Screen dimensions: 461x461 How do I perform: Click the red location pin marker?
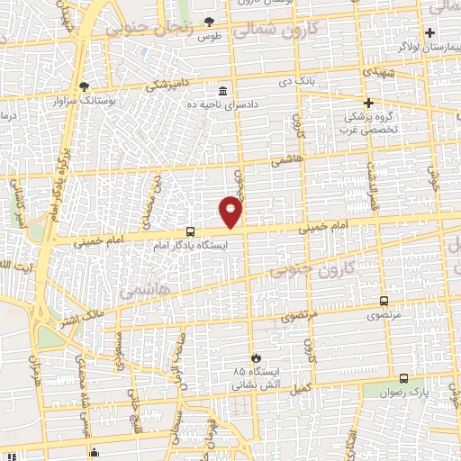click(x=231, y=212)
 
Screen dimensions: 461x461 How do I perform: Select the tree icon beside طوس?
click(x=209, y=21)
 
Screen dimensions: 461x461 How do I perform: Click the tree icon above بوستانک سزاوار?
click(x=84, y=86)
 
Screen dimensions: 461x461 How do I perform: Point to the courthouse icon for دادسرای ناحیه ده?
click(x=222, y=91)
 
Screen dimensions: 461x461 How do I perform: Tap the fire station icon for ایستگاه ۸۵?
click(x=257, y=357)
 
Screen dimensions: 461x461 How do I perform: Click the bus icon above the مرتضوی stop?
click(x=384, y=301)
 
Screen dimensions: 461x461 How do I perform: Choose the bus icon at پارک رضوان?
click(x=402, y=379)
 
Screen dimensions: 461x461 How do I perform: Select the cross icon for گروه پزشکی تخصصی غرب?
click(x=368, y=103)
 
